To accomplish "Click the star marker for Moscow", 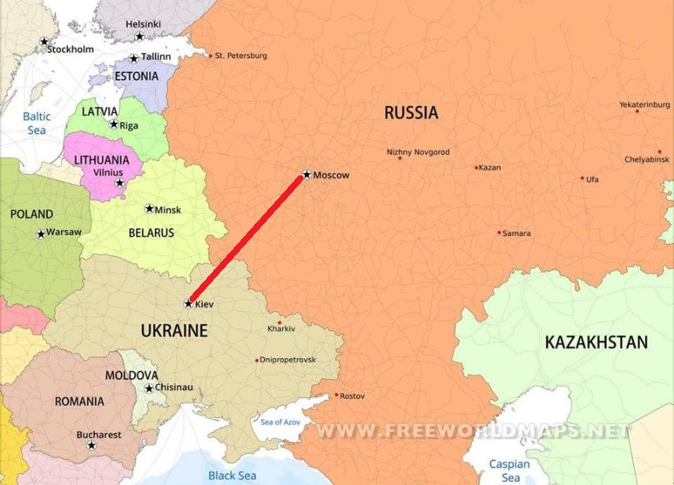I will click(x=306, y=174).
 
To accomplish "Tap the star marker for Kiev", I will click(x=188, y=303).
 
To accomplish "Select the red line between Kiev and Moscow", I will click(x=247, y=239).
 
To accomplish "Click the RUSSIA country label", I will click(x=411, y=113).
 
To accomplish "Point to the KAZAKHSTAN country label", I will click(x=596, y=342).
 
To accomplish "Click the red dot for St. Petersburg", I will click(x=209, y=56).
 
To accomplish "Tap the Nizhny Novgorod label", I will click(x=418, y=152).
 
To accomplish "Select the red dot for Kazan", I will click(x=476, y=167).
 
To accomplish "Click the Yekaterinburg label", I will click(x=644, y=104).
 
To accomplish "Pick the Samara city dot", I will click(x=498, y=232).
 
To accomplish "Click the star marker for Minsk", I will click(x=149, y=208).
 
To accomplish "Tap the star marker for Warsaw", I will click(x=41, y=233).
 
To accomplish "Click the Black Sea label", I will click(x=232, y=475).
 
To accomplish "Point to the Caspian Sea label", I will click(x=510, y=470).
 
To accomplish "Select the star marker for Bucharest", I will click(x=91, y=445).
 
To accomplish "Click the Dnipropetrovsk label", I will click(x=289, y=360).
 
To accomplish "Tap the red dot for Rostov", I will click(x=336, y=395).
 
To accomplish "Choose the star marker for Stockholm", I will click(x=44, y=42).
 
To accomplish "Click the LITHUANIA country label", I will click(x=101, y=159).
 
